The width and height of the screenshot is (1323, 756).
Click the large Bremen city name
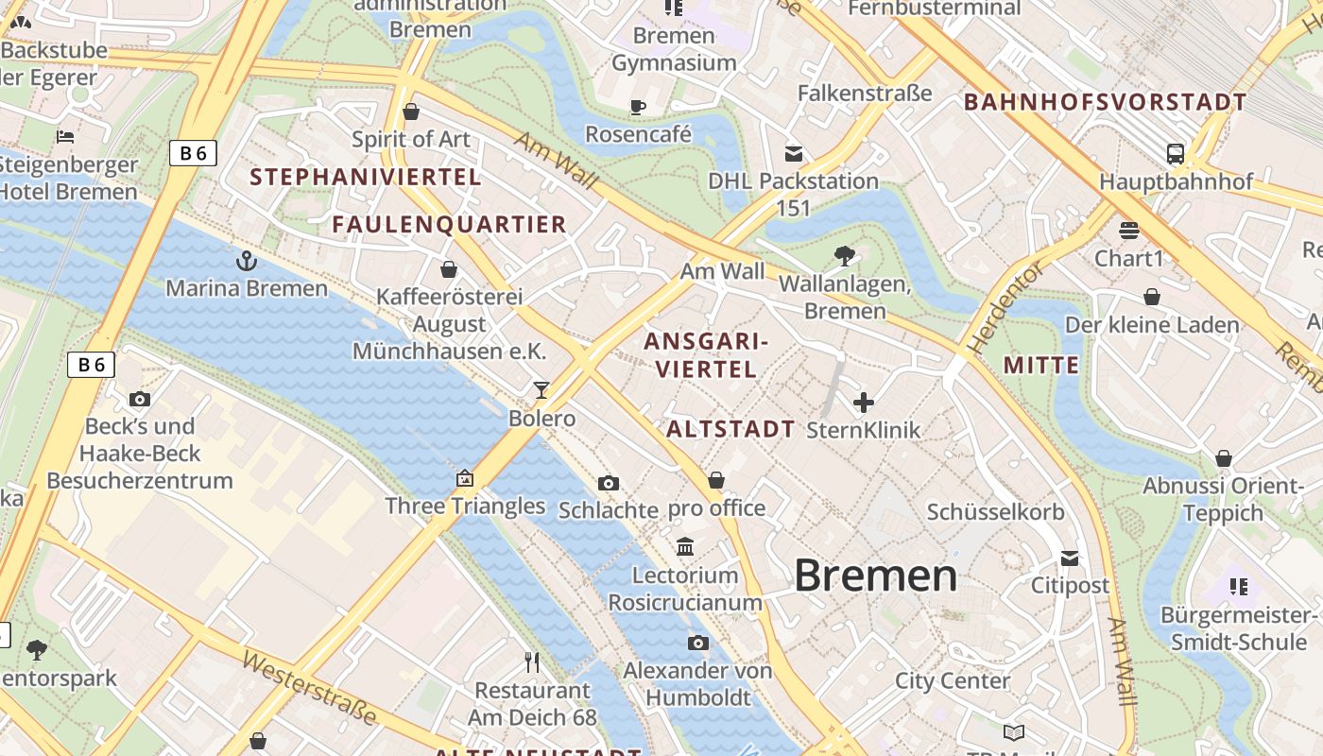[875, 576]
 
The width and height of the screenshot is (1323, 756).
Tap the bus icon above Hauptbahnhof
[1176, 154]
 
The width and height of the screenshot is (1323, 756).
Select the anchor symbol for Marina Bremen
[247, 260]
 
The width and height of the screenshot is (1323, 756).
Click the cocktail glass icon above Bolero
[541, 390]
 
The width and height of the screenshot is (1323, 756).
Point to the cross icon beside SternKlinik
[863, 404]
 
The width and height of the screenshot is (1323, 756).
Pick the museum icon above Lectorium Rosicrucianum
[685, 547]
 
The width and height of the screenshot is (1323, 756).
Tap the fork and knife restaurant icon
[532, 662]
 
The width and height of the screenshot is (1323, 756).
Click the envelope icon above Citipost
[1070, 558]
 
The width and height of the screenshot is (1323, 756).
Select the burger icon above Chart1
[1128, 231]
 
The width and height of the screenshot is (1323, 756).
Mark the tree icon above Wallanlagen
[844, 255]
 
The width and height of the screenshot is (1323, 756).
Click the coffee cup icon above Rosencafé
[638, 107]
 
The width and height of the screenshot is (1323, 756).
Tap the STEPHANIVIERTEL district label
[366, 177]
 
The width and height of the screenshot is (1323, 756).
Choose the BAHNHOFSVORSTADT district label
[1105, 102]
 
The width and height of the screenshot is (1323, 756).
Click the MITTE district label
[1040, 366]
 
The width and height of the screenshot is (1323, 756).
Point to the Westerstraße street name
[309, 686]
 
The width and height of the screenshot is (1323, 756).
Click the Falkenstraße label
[865, 93]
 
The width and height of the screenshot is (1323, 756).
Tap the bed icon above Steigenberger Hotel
[65, 137]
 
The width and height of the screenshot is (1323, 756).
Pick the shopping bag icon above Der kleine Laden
[1151, 298]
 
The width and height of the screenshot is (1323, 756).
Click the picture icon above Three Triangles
[464, 478]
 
